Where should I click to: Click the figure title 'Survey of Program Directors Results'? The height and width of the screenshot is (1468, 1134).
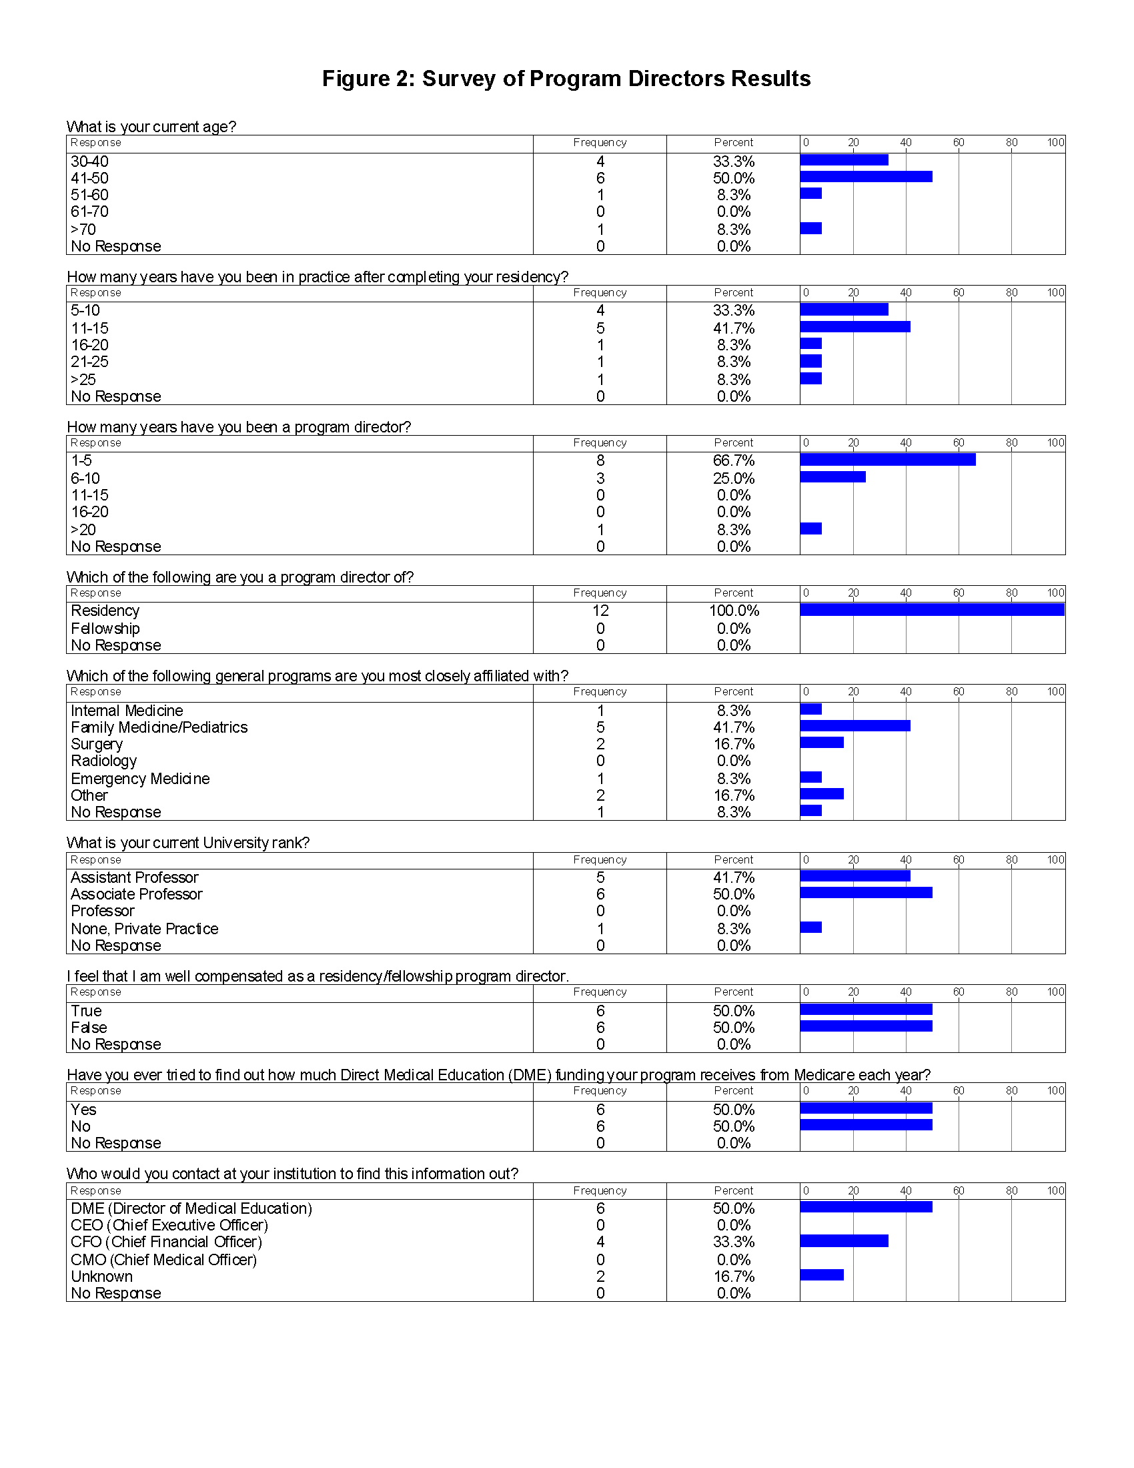pyautogui.click(x=566, y=79)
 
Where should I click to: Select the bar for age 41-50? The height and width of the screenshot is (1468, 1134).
pyautogui.click(x=865, y=177)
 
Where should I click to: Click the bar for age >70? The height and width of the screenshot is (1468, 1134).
pyautogui.click(x=811, y=228)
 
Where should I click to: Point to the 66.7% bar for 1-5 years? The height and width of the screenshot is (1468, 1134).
pyautogui.click(x=887, y=460)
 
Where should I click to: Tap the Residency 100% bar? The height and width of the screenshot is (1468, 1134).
pyautogui.click(x=932, y=610)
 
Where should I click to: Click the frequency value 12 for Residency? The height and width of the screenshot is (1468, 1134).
pyautogui.click(x=600, y=611)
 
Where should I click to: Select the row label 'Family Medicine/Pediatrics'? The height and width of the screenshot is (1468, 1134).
pyautogui.click(x=159, y=727)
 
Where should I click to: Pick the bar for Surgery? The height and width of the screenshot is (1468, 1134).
pyautogui.click(x=822, y=743)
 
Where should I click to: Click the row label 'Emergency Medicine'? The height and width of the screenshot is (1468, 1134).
pyautogui.click(x=140, y=778)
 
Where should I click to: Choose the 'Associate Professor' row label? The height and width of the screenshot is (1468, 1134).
pyautogui.click(x=136, y=894)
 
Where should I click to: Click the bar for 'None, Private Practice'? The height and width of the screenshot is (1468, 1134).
pyautogui.click(x=811, y=928)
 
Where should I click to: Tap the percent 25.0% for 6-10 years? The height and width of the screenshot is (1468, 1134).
pyautogui.click(x=734, y=478)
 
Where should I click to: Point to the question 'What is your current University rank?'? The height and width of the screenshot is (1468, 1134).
pyautogui.click(x=188, y=843)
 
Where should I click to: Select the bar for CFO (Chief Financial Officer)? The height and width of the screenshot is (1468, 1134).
pyautogui.click(x=844, y=1241)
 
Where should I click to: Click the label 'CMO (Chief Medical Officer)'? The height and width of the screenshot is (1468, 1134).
pyautogui.click(x=164, y=1260)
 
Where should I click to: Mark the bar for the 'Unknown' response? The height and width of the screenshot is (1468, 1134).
pyautogui.click(x=822, y=1275)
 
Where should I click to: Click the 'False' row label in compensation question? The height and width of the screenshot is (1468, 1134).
pyautogui.click(x=89, y=1028)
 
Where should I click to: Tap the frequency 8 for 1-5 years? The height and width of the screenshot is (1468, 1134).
pyautogui.click(x=600, y=460)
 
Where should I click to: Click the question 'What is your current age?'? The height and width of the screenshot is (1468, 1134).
pyautogui.click(x=151, y=127)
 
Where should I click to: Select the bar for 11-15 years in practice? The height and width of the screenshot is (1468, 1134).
pyautogui.click(x=855, y=327)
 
